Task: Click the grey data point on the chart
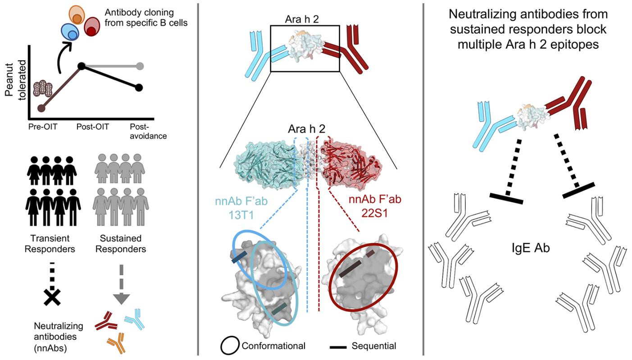(x=140, y=66)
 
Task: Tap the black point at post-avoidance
(x=139, y=87)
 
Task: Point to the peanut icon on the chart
(x=44, y=87)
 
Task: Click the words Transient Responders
(x=52, y=243)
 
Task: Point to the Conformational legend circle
(x=231, y=346)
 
